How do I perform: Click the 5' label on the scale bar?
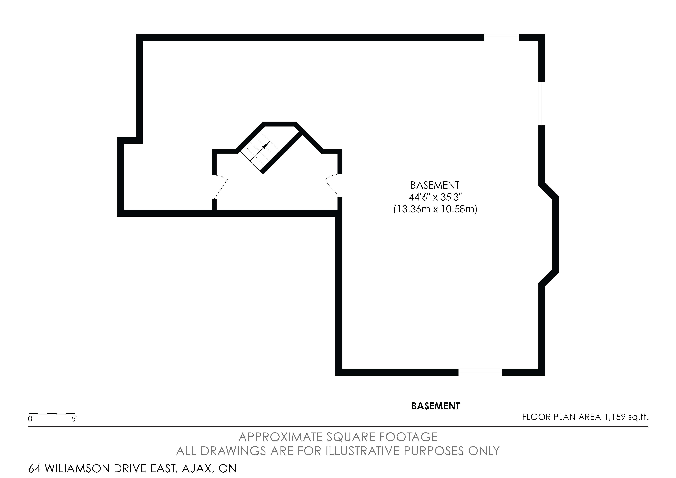click(x=74, y=419)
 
